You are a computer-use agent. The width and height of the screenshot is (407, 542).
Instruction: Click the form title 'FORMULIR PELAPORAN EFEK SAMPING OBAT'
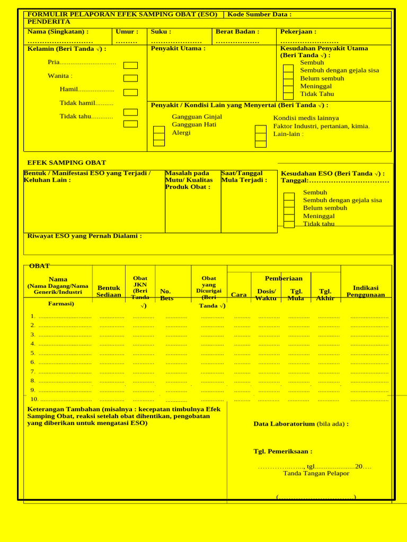[x=122, y=14]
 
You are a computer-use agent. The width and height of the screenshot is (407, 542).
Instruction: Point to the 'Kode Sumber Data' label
[x=259, y=14]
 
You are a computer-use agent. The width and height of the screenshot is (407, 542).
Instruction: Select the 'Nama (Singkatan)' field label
[x=58, y=32]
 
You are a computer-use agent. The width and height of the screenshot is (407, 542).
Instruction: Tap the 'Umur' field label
[x=127, y=32]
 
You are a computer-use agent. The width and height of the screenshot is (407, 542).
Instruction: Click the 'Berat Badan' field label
[x=237, y=32]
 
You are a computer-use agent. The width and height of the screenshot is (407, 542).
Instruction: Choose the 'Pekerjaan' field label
[x=298, y=32]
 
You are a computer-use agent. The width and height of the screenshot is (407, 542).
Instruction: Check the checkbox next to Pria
[x=130, y=66]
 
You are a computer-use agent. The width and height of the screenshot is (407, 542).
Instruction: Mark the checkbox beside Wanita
[x=130, y=78]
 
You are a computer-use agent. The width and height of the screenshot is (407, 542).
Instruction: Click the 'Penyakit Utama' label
[x=178, y=49]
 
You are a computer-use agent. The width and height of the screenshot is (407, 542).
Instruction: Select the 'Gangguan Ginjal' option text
[x=197, y=117]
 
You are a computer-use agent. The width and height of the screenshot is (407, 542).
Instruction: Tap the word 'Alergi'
[x=181, y=133]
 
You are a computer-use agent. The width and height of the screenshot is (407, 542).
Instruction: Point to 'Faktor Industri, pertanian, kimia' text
[x=321, y=126]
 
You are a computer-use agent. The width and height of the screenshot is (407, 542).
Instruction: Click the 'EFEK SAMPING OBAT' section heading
[x=66, y=162]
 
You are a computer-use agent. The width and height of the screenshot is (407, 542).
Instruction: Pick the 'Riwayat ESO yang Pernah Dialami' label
[x=84, y=236]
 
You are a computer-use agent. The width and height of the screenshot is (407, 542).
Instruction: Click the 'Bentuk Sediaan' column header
[x=109, y=291]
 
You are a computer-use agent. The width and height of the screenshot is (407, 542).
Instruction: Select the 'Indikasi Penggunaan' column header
[x=366, y=291]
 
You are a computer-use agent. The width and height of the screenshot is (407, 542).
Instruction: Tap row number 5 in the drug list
[x=33, y=353]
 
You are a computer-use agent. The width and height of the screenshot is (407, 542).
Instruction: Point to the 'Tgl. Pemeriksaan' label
[x=282, y=451]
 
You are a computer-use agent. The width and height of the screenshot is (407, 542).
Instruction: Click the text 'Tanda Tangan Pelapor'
[x=316, y=473]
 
